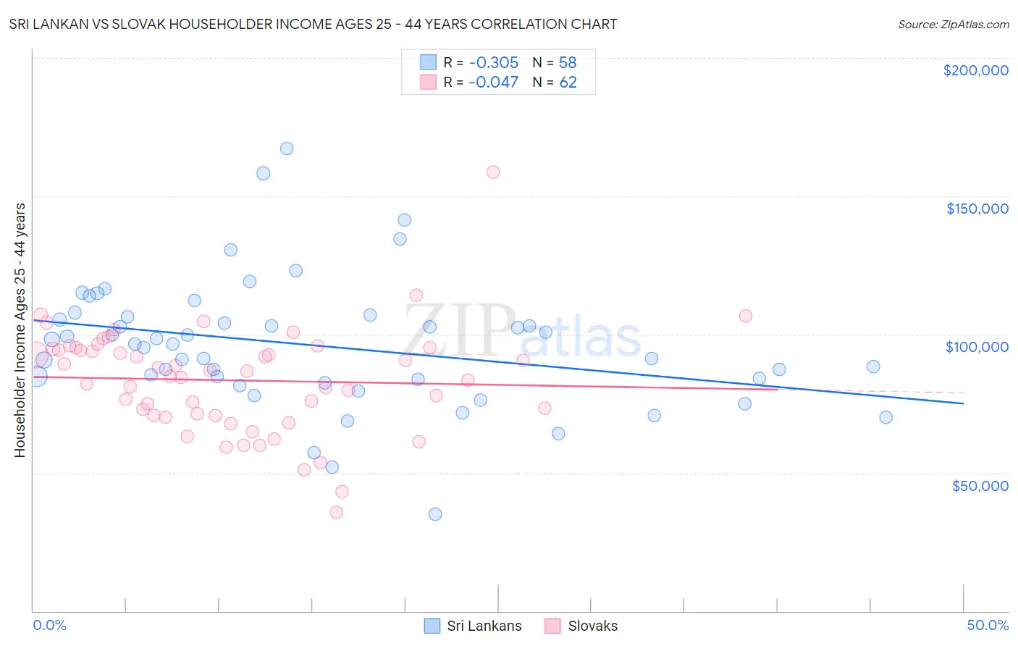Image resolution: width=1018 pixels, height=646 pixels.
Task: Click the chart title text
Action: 313,24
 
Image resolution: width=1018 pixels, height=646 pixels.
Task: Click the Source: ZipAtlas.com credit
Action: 953,24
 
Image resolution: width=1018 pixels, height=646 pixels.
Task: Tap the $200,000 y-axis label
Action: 975,70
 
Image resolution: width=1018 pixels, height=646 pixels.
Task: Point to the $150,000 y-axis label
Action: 977,209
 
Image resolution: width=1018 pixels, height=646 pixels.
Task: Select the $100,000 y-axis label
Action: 977,347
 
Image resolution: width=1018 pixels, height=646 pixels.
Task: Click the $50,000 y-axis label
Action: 980,485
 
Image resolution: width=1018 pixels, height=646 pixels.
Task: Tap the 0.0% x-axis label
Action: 49,625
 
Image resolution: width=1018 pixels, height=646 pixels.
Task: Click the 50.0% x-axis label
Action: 988,625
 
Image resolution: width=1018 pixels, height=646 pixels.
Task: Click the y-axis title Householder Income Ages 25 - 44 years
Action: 20,330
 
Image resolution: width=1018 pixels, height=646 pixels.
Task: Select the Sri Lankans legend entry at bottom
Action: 473,626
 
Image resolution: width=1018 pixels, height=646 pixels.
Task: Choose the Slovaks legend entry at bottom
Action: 581,626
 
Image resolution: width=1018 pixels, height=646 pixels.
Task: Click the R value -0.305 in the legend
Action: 493,63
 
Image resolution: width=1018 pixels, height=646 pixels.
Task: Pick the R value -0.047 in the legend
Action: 493,83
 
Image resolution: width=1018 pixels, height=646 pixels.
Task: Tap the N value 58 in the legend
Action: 568,63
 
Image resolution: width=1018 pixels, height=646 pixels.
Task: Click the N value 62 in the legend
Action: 568,83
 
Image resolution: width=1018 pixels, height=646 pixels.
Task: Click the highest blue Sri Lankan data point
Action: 287,148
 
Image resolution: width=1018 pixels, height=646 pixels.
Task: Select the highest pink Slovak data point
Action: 493,172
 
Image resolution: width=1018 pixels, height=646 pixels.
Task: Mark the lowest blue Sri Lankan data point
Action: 435,514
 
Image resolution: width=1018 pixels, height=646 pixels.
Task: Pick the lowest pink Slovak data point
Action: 337,513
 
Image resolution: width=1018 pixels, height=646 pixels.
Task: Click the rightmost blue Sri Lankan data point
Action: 886,417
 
